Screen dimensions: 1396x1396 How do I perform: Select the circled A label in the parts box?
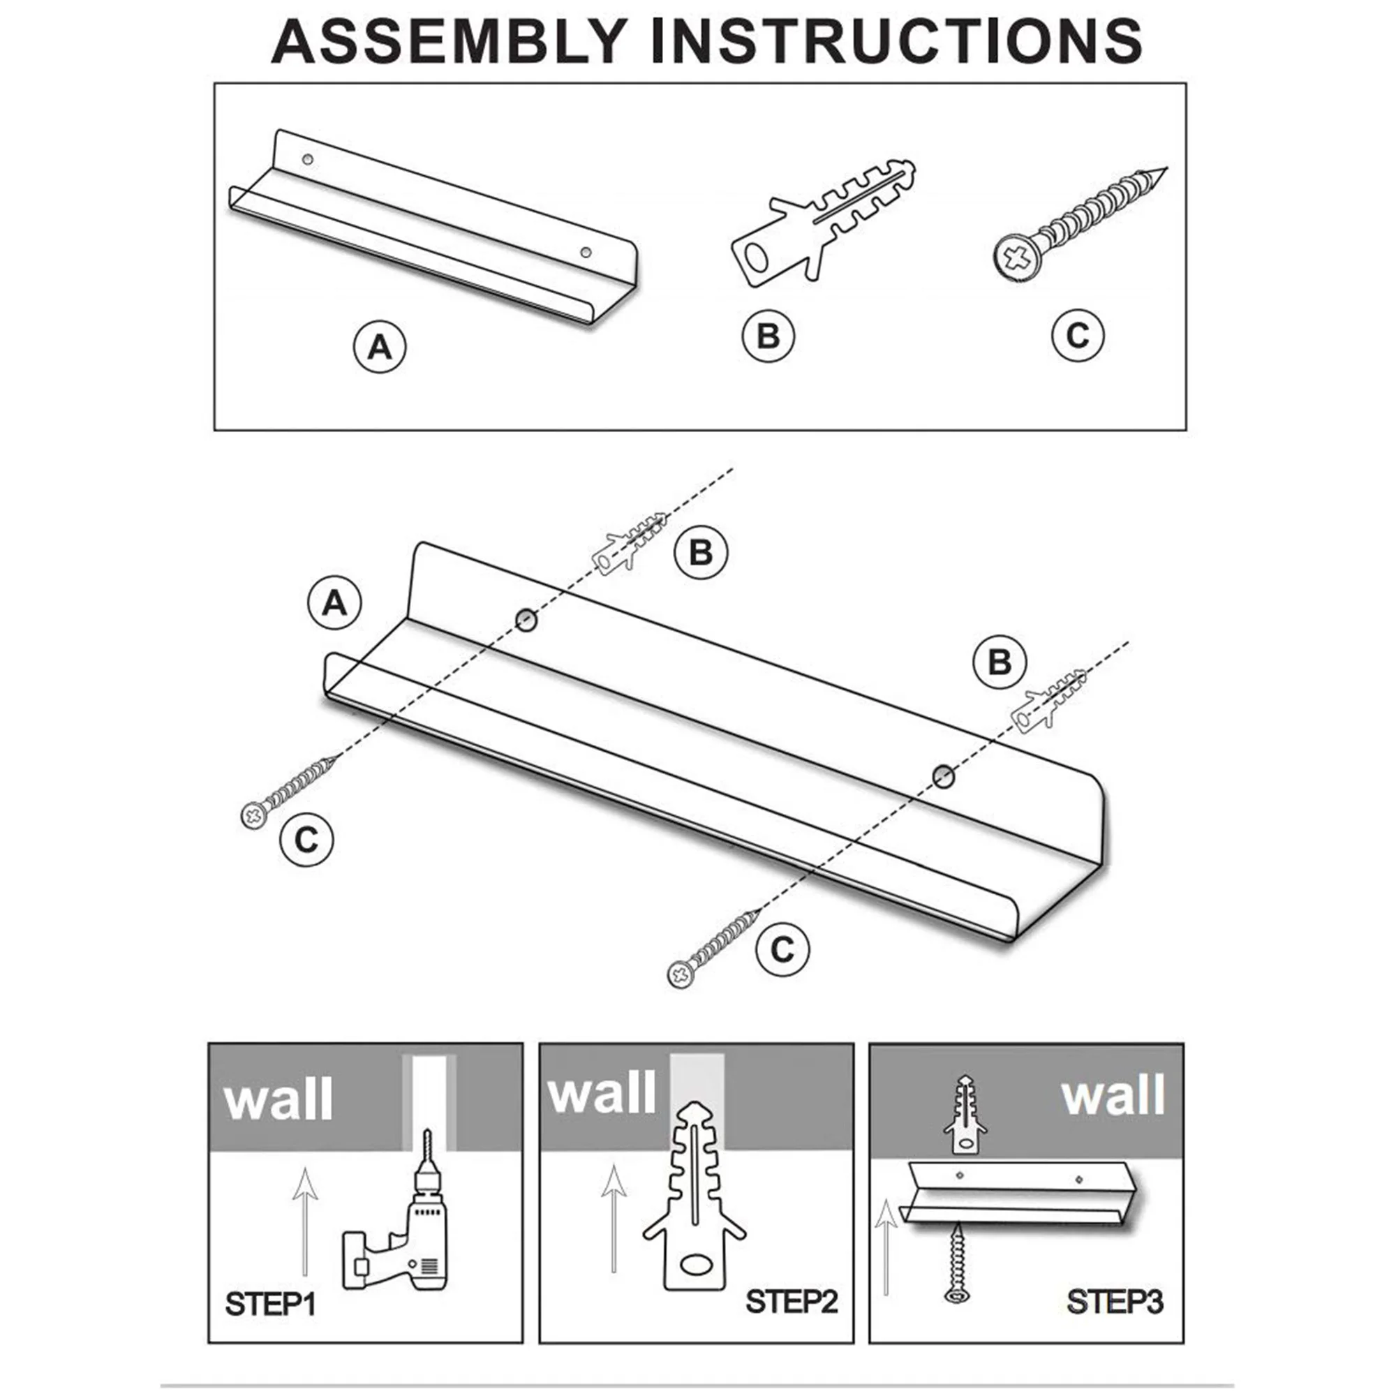coord(379,348)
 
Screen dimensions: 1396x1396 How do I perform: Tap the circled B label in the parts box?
coord(768,336)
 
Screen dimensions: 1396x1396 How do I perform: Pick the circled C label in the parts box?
coord(1077,335)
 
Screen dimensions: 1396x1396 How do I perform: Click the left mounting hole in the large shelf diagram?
coord(526,619)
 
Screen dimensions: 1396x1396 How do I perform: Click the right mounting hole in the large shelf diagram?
coord(942,777)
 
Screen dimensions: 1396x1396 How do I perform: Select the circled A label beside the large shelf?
coord(334,602)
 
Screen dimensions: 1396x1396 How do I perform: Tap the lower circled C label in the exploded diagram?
coord(782,949)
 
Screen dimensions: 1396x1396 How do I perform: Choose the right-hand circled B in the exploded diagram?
coord(1000,662)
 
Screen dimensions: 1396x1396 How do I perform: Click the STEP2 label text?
coord(792,1301)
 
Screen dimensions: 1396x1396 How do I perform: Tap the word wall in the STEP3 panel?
coord(1113,1096)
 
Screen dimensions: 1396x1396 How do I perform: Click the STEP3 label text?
coord(1114,1301)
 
